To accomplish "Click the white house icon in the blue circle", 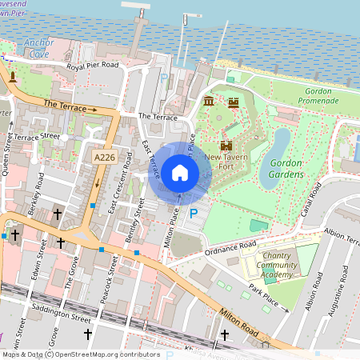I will (179, 173).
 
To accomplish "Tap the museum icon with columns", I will (210, 102).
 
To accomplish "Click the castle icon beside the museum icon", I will (234, 102).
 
